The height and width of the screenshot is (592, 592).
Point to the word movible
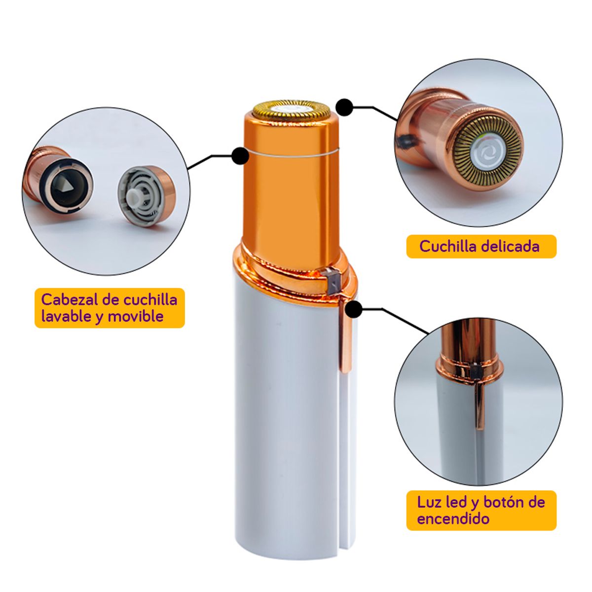[x=136, y=317]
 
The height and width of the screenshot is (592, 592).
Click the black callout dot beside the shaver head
[x=344, y=107]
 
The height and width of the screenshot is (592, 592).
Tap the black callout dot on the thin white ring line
[x=241, y=156]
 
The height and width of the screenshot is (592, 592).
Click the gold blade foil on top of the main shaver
[x=292, y=110]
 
